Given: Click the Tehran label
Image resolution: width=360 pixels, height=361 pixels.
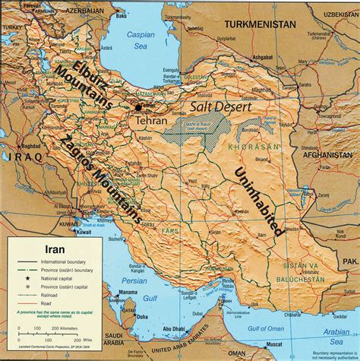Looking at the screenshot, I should click(150, 121).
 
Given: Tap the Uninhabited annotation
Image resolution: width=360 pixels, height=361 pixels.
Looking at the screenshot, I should click(260, 190).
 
